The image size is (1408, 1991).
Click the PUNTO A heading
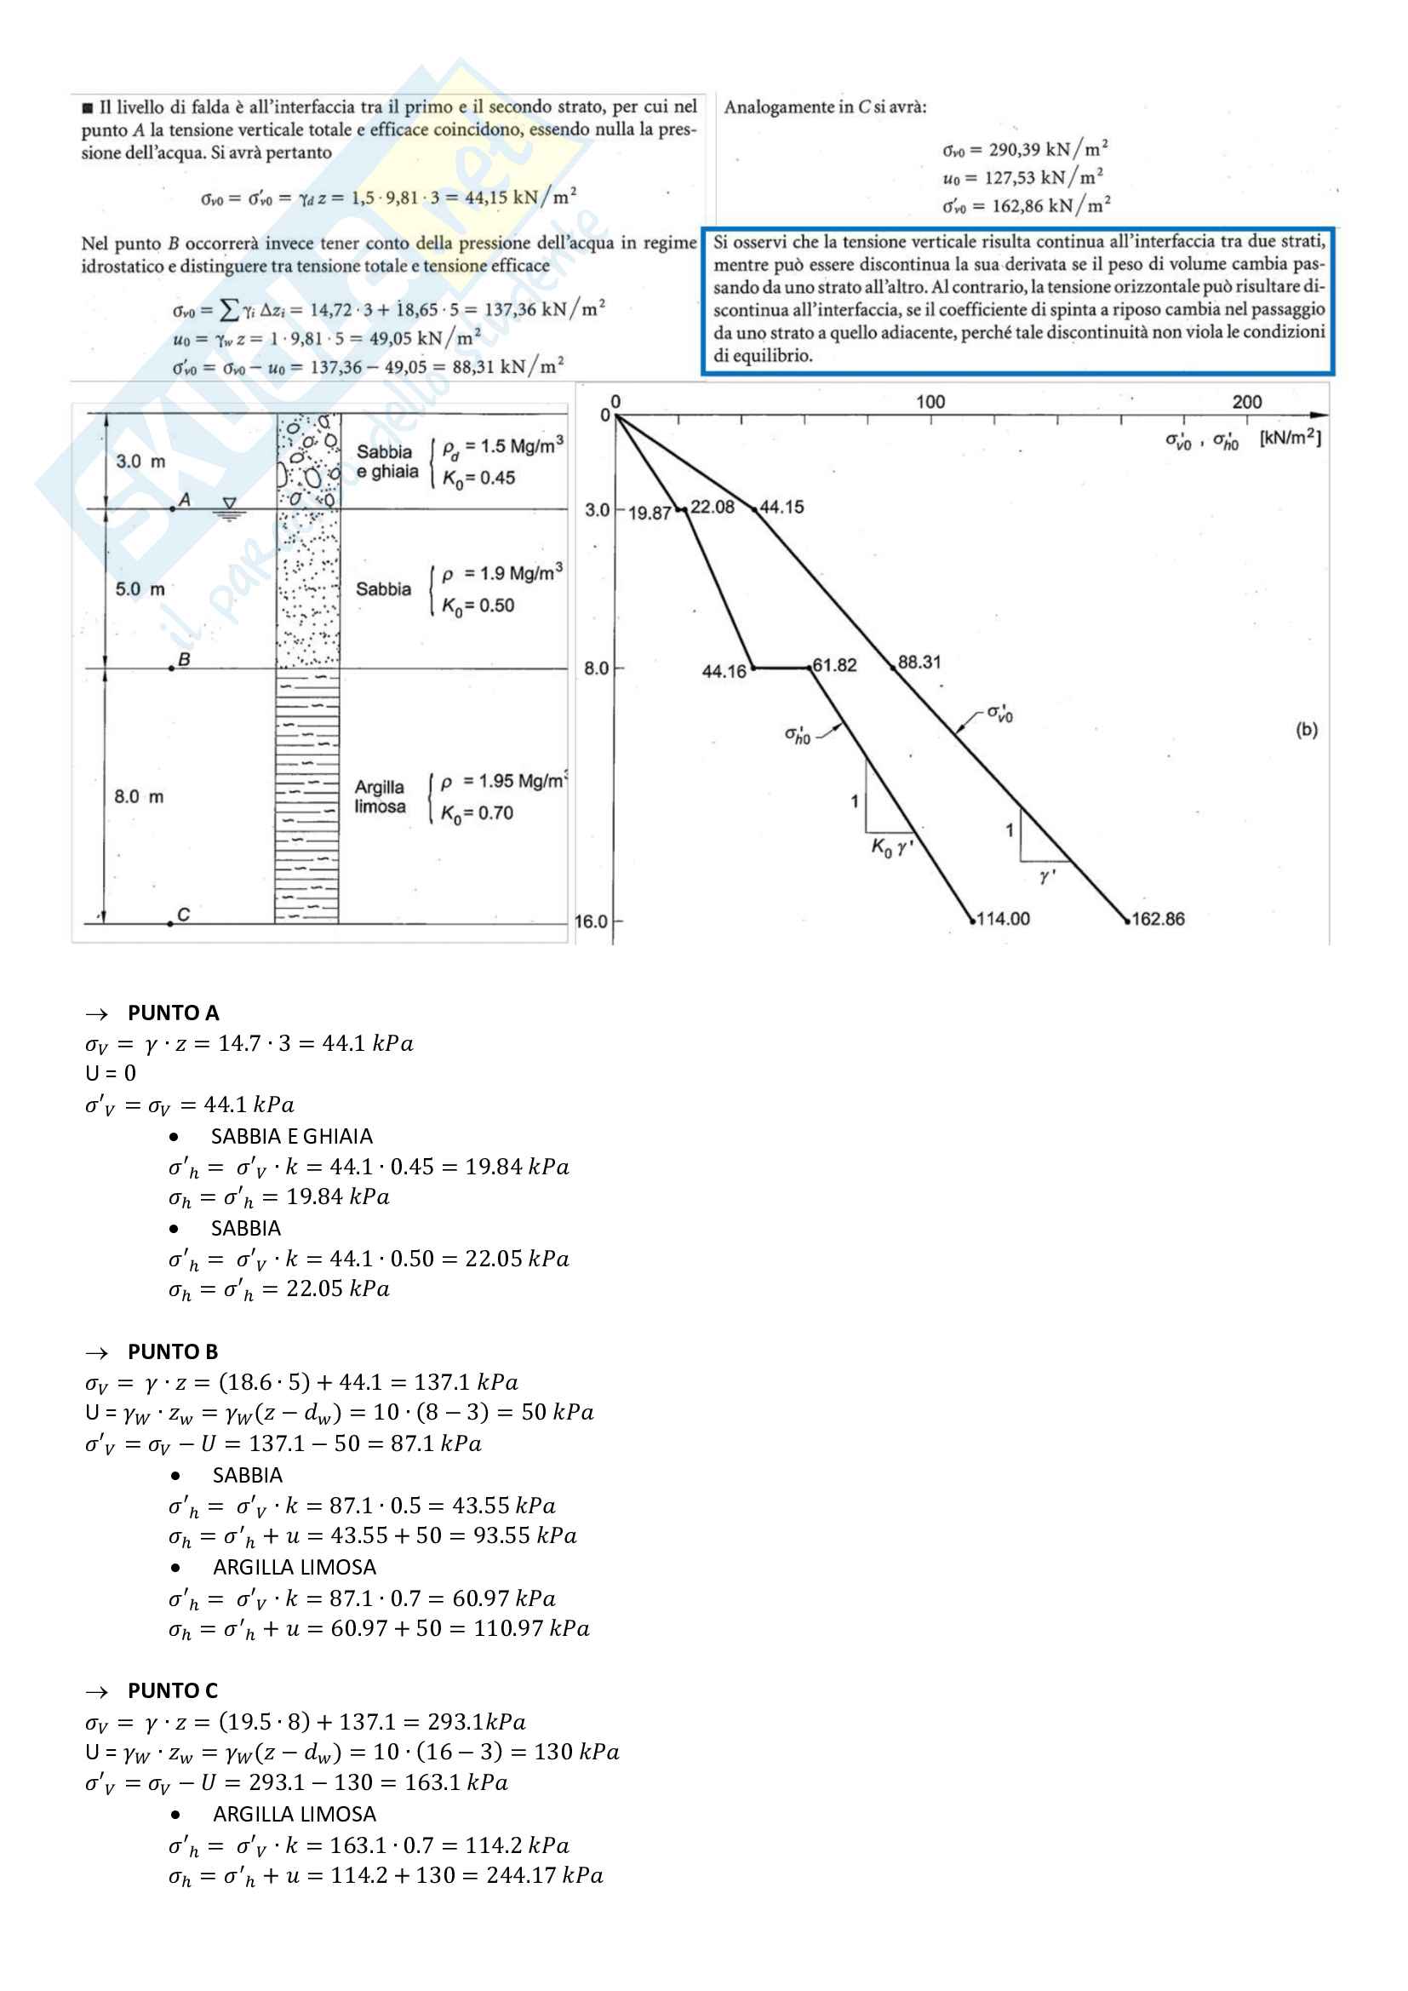pyautogui.click(x=173, y=1013)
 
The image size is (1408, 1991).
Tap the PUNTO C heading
pyautogui.click(x=173, y=1691)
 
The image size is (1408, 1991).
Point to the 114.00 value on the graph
pyautogui.click(x=1003, y=919)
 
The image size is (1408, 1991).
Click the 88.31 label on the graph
pyautogui.click(x=919, y=663)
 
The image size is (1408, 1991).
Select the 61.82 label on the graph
pyautogui.click(x=835, y=665)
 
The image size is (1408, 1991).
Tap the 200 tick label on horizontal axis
pyautogui.click(x=1247, y=401)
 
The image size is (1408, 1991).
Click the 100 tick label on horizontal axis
pyautogui.click(x=930, y=401)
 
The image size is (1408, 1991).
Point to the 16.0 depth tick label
pyautogui.click(x=592, y=921)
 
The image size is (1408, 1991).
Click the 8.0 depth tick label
pyautogui.click(x=597, y=668)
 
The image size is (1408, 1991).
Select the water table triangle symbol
pyautogui.click(x=229, y=504)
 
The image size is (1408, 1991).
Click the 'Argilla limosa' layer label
pyautogui.click(x=380, y=797)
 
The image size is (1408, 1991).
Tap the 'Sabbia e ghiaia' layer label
pyautogui.click(x=386, y=462)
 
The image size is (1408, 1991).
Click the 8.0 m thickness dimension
pyautogui.click(x=139, y=796)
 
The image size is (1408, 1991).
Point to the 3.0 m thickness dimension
pyautogui.click(x=140, y=462)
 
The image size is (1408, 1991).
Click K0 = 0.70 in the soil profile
pyautogui.click(x=477, y=813)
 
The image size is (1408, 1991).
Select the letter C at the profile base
pyautogui.click(x=183, y=915)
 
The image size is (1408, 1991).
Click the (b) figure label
pyautogui.click(x=1307, y=730)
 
